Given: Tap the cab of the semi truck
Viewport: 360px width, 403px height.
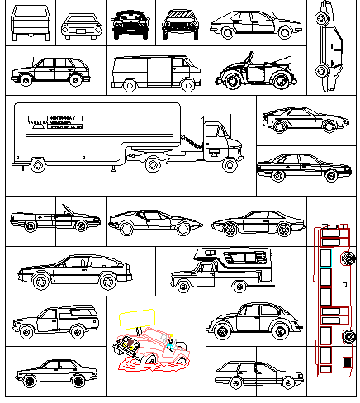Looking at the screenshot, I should (x=218, y=140).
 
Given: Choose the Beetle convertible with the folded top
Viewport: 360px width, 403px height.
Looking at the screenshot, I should (x=256, y=72).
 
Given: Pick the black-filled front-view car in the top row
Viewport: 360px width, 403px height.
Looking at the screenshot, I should (x=127, y=25).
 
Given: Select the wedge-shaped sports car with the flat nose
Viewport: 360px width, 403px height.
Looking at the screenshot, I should (x=155, y=221).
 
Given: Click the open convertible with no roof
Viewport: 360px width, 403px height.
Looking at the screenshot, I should (x=54, y=220).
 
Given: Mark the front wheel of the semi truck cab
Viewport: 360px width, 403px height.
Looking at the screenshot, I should (x=230, y=165).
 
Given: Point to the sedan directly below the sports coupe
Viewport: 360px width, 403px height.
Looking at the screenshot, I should (x=298, y=168).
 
